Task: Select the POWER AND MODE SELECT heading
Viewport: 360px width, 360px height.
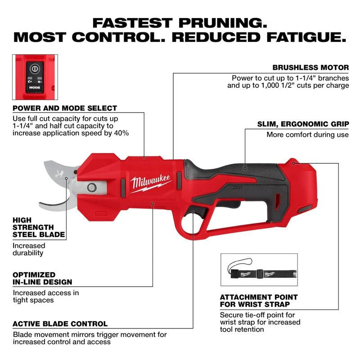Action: tap(65, 108)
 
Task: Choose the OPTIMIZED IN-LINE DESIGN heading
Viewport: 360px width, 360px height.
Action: tap(42, 278)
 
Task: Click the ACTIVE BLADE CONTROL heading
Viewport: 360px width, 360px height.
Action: tap(60, 324)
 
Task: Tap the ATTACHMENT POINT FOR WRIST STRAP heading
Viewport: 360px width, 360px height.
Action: tap(258, 301)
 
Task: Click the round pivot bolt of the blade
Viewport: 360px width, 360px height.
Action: tap(92, 186)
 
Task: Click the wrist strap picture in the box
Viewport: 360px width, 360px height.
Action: tap(259, 273)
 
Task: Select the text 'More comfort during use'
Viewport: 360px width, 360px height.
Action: tap(308, 135)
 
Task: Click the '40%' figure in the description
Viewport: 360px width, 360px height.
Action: tap(121, 133)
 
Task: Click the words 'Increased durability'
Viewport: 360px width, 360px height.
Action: tap(29, 249)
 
